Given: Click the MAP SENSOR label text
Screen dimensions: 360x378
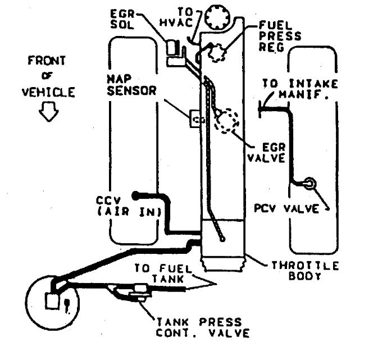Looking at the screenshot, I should click(x=131, y=85).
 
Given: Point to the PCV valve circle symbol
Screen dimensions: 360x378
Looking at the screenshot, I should click(x=308, y=183).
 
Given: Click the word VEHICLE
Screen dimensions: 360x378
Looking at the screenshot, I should click(x=48, y=92).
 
